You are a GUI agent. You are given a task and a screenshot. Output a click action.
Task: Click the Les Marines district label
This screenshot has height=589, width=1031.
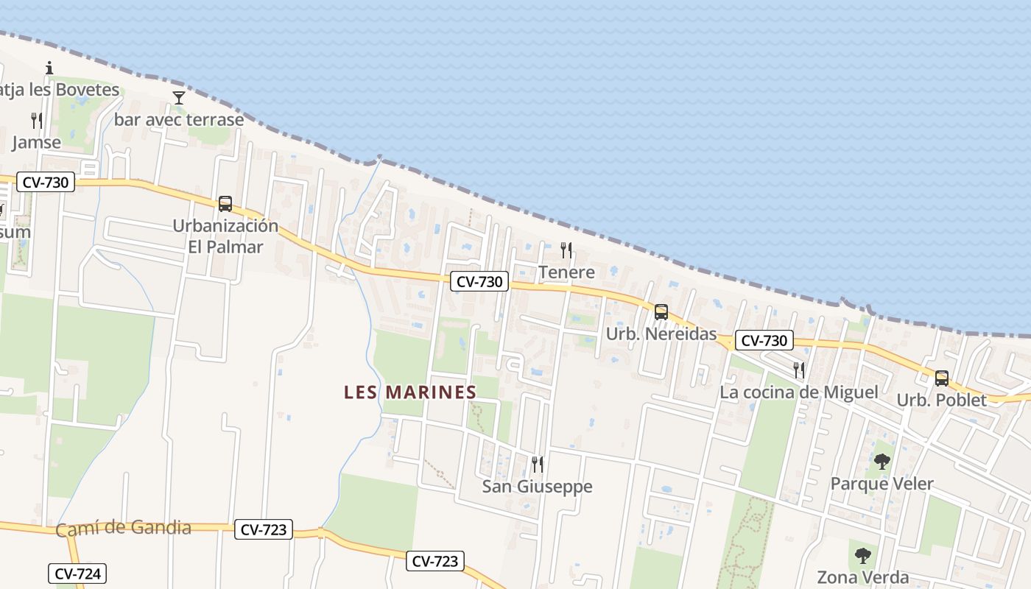tap(410, 392)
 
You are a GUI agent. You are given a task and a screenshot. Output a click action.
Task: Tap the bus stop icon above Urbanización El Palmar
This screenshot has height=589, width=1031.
tap(225, 204)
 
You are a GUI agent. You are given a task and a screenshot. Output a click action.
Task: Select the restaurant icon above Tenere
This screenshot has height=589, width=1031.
tap(566, 250)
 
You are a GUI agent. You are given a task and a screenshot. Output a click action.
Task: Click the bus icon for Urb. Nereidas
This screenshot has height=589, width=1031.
tap(661, 312)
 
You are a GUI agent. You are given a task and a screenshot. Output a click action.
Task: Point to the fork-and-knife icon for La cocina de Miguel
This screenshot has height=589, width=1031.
tap(798, 370)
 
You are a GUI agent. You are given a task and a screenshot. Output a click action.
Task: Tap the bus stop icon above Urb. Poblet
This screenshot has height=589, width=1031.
tap(941, 378)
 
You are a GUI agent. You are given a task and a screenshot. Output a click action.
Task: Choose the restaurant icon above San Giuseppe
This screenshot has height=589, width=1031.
tap(538, 464)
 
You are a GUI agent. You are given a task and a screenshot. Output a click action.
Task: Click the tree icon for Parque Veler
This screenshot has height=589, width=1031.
tap(882, 462)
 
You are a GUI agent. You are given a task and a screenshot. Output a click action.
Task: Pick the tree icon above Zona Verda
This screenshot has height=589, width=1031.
tap(862, 555)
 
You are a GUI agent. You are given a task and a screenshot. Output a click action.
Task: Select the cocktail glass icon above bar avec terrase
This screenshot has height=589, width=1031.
tap(178, 97)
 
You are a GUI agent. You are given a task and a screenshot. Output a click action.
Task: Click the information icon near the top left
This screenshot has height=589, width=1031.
tap(49, 68)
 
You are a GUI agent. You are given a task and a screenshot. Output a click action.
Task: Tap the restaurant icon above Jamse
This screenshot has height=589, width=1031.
tap(37, 120)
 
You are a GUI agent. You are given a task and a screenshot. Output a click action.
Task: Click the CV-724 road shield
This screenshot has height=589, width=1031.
tap(77, 574)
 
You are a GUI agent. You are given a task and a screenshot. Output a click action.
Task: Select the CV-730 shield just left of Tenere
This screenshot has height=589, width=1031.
tap(479, 281)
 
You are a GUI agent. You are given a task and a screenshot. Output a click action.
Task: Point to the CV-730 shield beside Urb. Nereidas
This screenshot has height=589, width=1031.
tap(764, 340)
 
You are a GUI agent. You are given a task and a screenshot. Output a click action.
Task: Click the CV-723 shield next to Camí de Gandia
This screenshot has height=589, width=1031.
tap(264, 529)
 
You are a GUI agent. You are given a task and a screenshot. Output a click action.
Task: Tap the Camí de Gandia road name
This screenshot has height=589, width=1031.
tap(124, 528)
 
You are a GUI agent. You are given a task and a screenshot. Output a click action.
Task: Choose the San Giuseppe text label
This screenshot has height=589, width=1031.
tap(537, 487)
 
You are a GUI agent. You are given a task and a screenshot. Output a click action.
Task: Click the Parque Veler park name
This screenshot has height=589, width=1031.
tap(882, 484)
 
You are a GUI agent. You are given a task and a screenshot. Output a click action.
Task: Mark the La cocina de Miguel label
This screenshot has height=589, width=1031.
tap(798, 392)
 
